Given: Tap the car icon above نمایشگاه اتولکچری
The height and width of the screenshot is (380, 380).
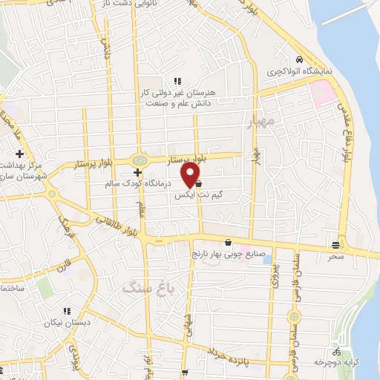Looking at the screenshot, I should tap(298, 59).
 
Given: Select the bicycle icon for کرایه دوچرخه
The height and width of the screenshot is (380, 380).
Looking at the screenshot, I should tap(337, 351).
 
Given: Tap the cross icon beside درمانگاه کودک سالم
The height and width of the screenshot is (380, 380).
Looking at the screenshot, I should tap(137, 172).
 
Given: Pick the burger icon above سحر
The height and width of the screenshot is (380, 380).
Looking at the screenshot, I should tap(336, 244).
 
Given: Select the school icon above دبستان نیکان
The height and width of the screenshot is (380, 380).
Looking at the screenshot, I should tap(66, 312).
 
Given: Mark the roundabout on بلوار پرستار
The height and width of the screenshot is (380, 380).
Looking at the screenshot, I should tap(138, 160).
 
